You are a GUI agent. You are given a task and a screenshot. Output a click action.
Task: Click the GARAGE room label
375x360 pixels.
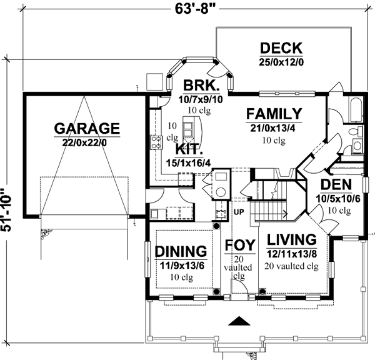pyautogui.click(x=86, y=129)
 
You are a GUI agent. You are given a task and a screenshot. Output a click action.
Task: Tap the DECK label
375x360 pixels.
pyautogui.click(x=281, y=48)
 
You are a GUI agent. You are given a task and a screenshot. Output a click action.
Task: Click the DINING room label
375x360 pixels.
pyautogui.click(x=181, y=251)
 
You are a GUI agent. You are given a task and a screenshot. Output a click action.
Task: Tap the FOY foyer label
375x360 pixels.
pyautogui.click(x=239, y=244)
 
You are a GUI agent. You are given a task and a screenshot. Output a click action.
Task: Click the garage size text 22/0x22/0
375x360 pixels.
pyautogui.click(x=86, y=142)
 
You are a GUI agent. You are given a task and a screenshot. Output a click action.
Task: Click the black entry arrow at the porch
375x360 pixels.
pyautogui.click(x=237, y=322)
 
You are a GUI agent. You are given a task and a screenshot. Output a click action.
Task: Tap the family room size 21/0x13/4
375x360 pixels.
pyautogui.click(x=273, y=128)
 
